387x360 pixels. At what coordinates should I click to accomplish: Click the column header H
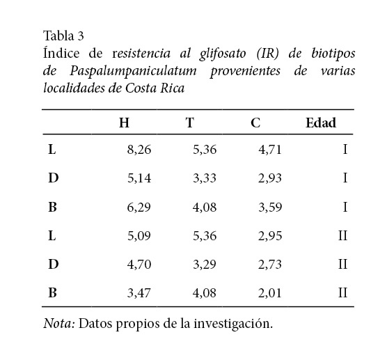124,123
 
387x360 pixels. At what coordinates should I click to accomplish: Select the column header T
189,123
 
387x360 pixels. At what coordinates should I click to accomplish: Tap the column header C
255,123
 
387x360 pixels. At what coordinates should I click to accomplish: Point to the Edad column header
321,123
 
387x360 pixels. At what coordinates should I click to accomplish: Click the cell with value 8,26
139,149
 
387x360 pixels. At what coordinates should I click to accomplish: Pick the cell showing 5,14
139,178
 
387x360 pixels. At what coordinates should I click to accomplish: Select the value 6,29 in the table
139,207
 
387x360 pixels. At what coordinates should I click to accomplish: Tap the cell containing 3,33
205,178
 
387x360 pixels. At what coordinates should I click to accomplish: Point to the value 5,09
139,235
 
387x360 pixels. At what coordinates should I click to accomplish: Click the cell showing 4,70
139,264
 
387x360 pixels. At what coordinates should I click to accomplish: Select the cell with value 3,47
139,292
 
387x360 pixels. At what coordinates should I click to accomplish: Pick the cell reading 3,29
205,264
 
